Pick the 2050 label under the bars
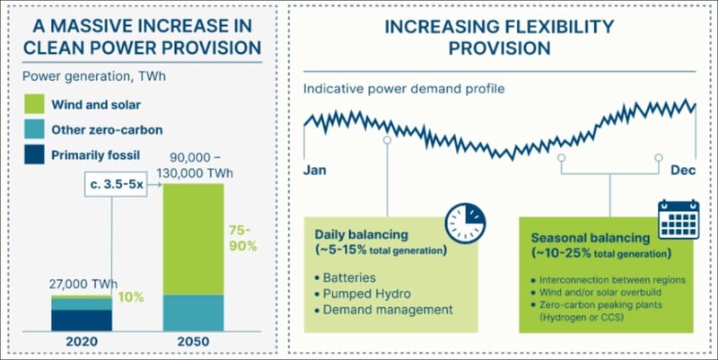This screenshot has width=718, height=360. click(x=193, y=342)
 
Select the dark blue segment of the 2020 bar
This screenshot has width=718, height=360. click(x=81, y=320)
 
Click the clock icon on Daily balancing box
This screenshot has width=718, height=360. click(x=466, y=219)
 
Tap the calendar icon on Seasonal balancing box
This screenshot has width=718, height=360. click(x=678, y=219)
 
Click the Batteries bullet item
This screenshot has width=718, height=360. click(x=350, y=277)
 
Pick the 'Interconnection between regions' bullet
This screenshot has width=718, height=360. click(x=611, y=280)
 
